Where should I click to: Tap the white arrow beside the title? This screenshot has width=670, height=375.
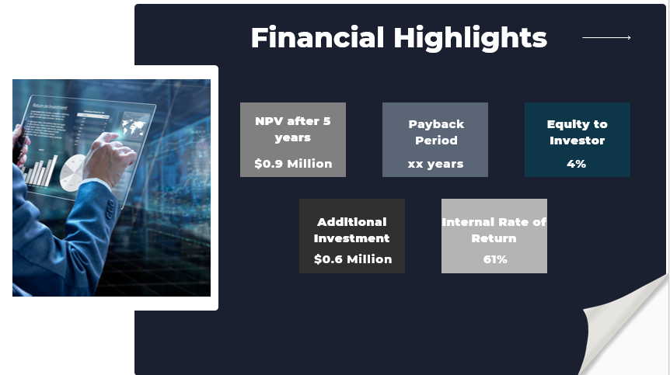pyautogui.click(x=606, y=37)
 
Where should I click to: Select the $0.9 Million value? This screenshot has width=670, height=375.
pyautogui.click(x=293, y=164)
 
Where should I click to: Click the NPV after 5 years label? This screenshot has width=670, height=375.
pyautogui.click(x=293, y=129)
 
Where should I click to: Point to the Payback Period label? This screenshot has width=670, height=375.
pyautogui.click(x=436, y=132)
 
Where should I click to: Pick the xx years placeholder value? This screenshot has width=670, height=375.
pyautogui.click(x=435, y=164)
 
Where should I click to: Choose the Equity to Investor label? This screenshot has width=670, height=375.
pyautogui.click(x=577, y=132)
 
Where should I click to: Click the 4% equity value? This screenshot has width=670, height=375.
pyautogui.click(x=577, y=164)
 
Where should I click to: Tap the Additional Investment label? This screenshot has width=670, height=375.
pyautogui.click(x=351, y=230)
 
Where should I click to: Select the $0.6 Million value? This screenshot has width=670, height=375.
pyautogui.click(x=352, y=259)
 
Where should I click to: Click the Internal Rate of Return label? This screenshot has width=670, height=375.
pyautogui.click(x=494, y=230)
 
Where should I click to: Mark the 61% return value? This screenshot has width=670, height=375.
pyautogui.click(x=494, y=259)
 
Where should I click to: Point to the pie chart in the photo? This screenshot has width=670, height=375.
pyautogui.click(x=75, y=172)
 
